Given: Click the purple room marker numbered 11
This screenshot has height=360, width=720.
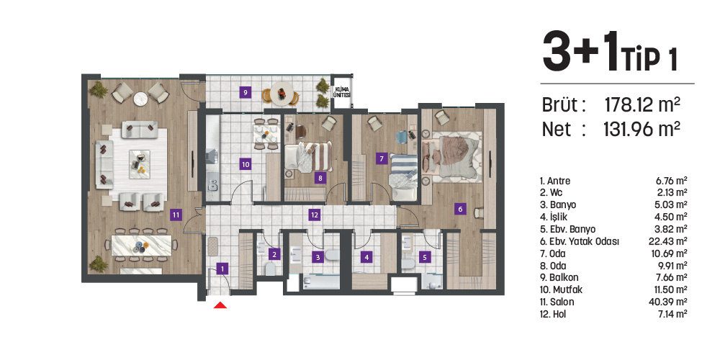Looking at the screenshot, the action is pyautogui.click(x=176, y=214).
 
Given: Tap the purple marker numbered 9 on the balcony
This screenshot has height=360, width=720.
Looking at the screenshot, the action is pyautogui.click(x=246, y=92).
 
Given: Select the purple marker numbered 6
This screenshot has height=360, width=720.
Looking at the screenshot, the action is pyautogui.click(x=460, y=209).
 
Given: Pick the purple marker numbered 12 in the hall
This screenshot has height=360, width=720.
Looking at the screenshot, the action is pyautogui.click(x=314, y=214).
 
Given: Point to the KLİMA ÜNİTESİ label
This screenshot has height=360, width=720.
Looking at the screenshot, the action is pyautogui.click(x=342, y=91).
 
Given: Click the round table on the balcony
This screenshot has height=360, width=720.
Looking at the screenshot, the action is pyautogui.click(x=281, y=93).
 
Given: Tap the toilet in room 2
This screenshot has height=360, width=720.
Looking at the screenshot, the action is pyautogui.click(x=271, y=268).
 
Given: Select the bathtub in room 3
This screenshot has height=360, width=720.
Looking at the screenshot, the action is pyautogui.click(x=321, y=282).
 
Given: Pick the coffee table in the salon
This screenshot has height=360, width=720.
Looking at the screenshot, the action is pyautogui.click(x=140, y=164).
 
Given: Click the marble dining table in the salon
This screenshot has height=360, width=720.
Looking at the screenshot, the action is pyautogui.click(x=142, y=246).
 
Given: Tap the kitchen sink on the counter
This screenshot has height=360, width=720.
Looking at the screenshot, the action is pyautogui.click(x=212, y=186).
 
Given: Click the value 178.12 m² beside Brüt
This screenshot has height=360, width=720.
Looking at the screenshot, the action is pyautogui.click(x=642, y=105).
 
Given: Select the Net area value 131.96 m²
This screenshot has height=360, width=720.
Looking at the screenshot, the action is pyautogui.click(x=642, y=130).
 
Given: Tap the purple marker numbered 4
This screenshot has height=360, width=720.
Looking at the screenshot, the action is pyautogui.click(x=366, y=257).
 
